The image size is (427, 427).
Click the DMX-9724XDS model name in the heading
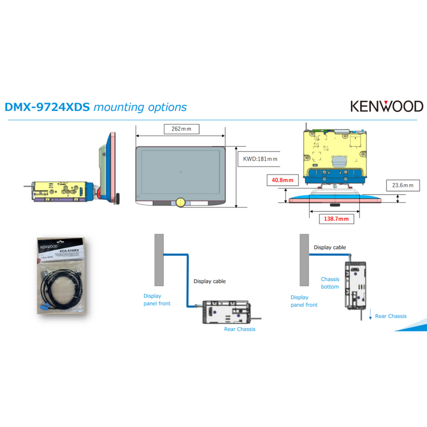click(x=47, y=107)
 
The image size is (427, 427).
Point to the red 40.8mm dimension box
click(x=282, y=180)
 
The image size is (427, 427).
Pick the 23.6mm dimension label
click(x=402, y=185)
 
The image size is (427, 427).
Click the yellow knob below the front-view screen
click(x=180, y=202)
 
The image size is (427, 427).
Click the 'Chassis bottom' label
click(x=330, y=283)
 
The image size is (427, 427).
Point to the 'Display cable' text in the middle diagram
click(x=209, y=281)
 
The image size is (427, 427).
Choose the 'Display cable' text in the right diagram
click(x=329, y=247)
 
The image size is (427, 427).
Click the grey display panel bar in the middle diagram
click(x=159, y=259)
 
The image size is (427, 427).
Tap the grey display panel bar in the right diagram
click(x=304, y=259)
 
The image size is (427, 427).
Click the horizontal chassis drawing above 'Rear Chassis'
click(x=226, y=313)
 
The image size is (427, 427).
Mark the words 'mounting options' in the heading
click(x=140, y=107)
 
